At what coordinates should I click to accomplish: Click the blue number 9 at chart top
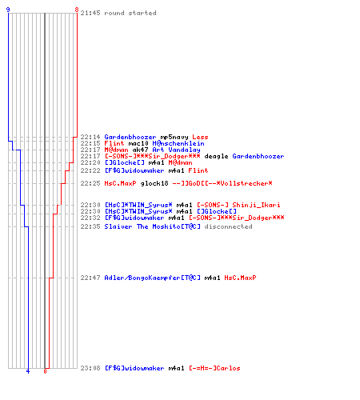pyautogui.click(x=8, y=10)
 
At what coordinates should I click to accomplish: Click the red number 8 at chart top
pyautogui.click(x=77, y=10)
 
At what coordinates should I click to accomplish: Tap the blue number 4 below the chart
pyautogui.click(x=28, y=371)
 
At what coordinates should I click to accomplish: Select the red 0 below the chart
pyautogui.click(x=45, y=371)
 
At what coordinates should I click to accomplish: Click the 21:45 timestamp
pyautogui.click(x=90, y=13)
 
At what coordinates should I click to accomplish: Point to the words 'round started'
pyautogui.click(x=130, y=13)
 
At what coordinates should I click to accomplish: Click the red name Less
pyautogui.click(x=200, y=137)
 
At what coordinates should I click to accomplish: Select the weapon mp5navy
pyautogui.click(x=174, y=137)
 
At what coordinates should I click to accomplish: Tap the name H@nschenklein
pyautogui.click(x=178, y=143)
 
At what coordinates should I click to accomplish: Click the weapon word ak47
pyautogui.click(x=140, y=150)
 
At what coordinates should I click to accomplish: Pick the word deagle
pyautogui.click(x=216, y=156)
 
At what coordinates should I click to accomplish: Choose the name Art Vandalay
pyautogui.click(x=176, y=150)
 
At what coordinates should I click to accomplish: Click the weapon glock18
pyautogui.click(x=154, y=183)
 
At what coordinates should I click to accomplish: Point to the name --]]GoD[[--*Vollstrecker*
pyautogui.click(x=222, y=183)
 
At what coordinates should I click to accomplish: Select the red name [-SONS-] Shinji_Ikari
pyautogui.click(x=238, y=205)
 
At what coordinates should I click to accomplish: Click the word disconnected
pyautogui.click(x=228, y=226)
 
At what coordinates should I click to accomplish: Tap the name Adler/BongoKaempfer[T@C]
pyautogui.click(x=152, y=278)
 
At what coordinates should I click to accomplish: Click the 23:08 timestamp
pyautogui.click(x=90, y=368)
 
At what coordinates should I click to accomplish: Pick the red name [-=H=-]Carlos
pyautogui.click(x=214, y=368)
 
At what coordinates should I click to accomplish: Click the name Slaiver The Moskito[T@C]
pyautogui.click(x=152, y=226)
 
